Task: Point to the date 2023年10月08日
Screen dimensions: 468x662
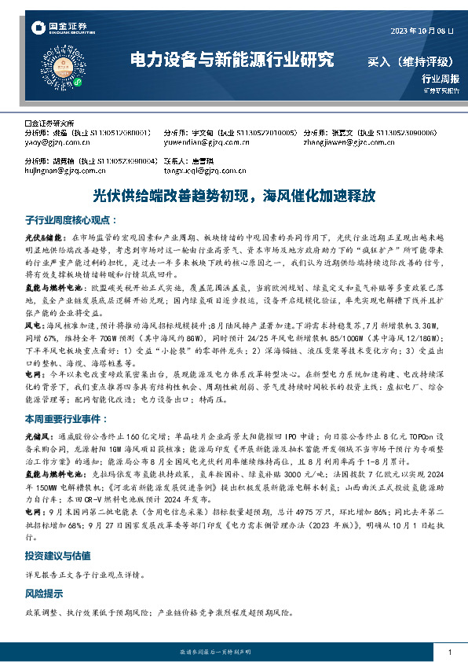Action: pyautogui.click(x=422, y=31)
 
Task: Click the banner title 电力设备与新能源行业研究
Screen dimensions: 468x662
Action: pyautogui.click(x=231, y=60)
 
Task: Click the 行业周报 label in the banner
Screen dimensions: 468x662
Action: pyautogui.click(x=440, y=79)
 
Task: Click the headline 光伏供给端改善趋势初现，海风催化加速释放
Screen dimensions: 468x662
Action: pyautogui.click(x=234, y=193)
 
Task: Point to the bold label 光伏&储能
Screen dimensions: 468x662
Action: pyautogui.click(x=43, y=237)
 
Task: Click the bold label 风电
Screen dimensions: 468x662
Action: pyautogui.click(x=33, y=322)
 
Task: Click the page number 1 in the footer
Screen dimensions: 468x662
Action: pyautogui.click(x=449, y=653)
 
